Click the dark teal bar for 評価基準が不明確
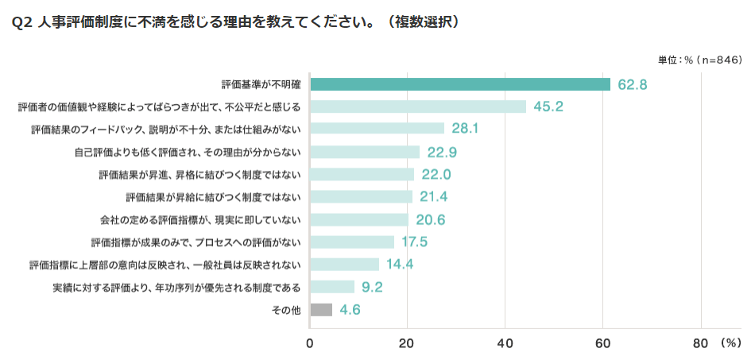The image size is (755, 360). tap(459, 84)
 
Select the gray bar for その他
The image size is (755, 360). tap(321, 310)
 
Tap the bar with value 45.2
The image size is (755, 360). tap(417, 106)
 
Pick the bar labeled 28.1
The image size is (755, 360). tap(377, 129)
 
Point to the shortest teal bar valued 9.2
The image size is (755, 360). tap(331, 287)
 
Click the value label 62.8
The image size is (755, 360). tap(633, 84)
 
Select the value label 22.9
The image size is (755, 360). tap(442, 152)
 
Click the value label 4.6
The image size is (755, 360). tap(350, 310)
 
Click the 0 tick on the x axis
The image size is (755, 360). tap(310, 343)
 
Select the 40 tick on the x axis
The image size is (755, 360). tap(505, 343)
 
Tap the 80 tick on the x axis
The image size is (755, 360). tap(701, 343)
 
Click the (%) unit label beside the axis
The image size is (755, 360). tap(730, 343)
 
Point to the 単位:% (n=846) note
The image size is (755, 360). tap(699, 60)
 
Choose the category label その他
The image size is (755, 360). tap(286, 310)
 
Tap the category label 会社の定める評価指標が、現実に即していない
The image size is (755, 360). tap(200, 219)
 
